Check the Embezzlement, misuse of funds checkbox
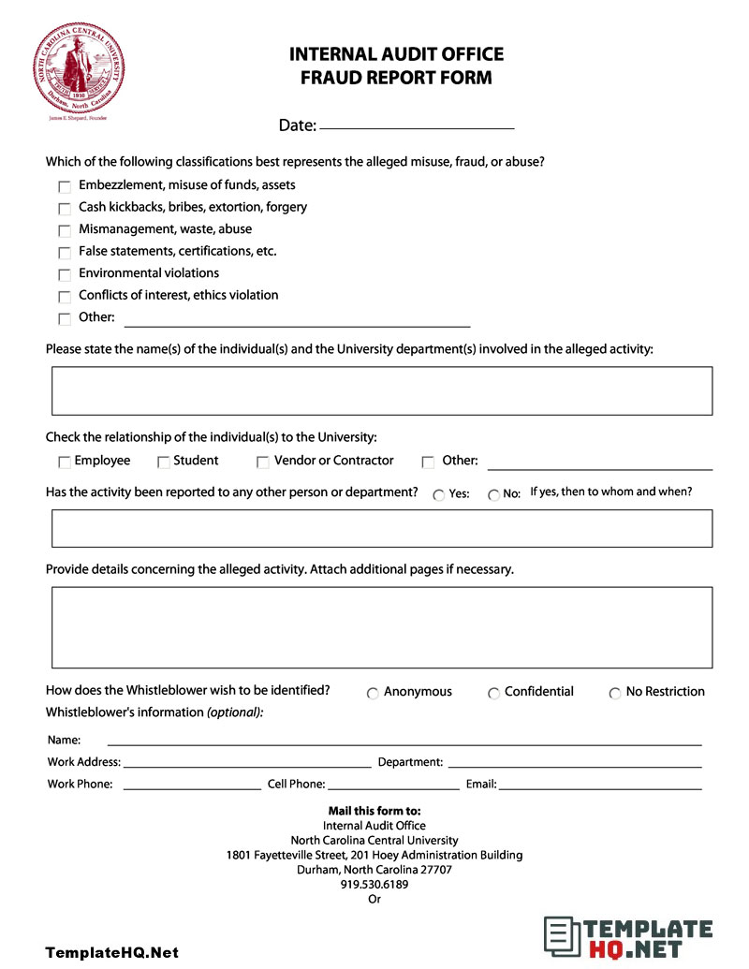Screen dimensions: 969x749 (65, 187)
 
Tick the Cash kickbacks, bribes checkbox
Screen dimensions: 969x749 (65, 209)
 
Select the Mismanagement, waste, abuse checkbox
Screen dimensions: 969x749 (65, 230)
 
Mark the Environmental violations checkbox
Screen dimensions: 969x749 (65, 275)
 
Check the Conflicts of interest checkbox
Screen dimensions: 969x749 (65, 297)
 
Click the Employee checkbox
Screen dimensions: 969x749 (65, 462)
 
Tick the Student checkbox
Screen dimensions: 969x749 (164, 462)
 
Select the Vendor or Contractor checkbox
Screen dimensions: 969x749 (263, 462)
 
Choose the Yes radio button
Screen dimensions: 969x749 (439, 495)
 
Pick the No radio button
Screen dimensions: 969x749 (493, 495)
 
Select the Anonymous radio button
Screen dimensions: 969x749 (373, 694)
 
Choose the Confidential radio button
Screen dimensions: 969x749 (493, 694)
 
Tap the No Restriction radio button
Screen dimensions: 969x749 (615, 694)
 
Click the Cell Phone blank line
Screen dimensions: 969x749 (393, 787)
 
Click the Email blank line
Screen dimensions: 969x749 (600, 787)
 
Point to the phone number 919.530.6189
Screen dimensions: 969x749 (374, 884)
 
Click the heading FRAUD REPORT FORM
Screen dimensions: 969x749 (396, 78)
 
